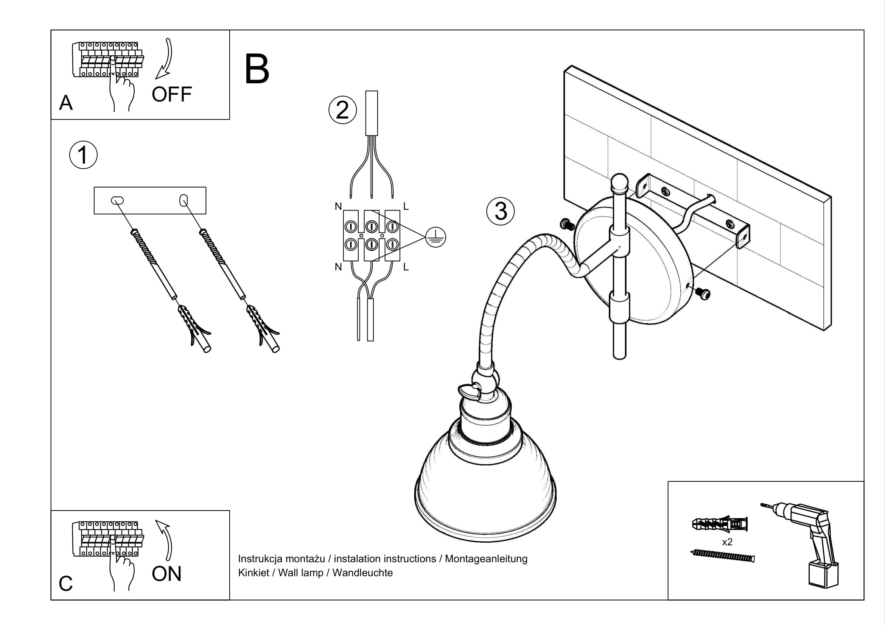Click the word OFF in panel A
171,95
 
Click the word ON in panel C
166,574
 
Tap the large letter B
257,69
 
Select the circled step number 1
83,155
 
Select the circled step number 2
342,110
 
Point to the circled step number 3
500,211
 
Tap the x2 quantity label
727,542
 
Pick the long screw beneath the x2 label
722,556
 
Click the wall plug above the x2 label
720,524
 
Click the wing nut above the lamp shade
468,392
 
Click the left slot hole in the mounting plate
117,200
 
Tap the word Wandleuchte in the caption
362,573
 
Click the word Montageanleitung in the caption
486,559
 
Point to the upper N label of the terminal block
338,207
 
